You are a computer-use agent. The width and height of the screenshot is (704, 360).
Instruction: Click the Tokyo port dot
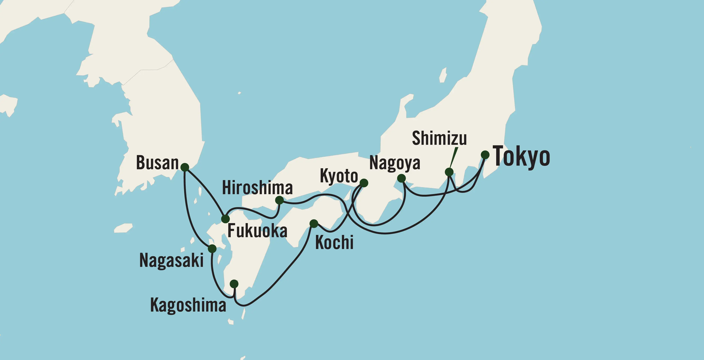coord(485,155)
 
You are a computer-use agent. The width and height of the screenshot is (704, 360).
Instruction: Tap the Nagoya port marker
coord(401,178)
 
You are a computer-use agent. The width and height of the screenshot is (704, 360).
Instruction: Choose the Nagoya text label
coord(395,163)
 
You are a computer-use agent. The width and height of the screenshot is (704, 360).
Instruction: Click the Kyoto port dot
coord(364,183)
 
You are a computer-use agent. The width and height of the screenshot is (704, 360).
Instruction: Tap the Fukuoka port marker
coord(225,219)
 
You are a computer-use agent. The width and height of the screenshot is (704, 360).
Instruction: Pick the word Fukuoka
coord(257,231)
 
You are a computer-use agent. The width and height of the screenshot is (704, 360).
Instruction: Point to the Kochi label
coord(334,242)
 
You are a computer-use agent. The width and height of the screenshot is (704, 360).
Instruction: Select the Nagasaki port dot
coord(212,248)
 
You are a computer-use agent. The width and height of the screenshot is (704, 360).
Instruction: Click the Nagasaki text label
coord(171,260)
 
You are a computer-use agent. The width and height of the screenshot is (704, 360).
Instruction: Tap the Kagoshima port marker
coord(234,284)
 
